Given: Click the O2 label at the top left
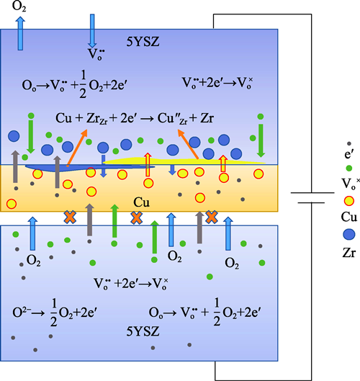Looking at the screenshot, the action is (19, 6).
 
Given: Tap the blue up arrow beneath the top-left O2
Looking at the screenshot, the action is (20, 33).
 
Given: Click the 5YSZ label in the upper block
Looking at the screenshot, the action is (143, 42).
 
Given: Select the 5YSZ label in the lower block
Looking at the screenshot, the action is (143, 331).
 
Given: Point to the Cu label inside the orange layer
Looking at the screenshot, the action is (141, 202).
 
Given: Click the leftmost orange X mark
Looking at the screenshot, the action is (70, 218).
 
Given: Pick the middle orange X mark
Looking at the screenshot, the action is (137, 218).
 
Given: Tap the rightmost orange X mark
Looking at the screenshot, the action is (212, 218).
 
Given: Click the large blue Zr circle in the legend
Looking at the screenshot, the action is (348, 234).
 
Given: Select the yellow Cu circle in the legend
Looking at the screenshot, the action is (349, 201).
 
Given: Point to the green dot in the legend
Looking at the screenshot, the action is (348, 168).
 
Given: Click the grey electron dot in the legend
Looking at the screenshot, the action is (349, 143).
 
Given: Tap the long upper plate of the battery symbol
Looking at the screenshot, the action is (312, 193).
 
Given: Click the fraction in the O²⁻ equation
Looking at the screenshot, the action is (53, 313).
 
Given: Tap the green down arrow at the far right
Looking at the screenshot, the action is (261, 140).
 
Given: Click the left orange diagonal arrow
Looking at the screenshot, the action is (77, 148).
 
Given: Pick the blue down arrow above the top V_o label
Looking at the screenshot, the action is (92, 31).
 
